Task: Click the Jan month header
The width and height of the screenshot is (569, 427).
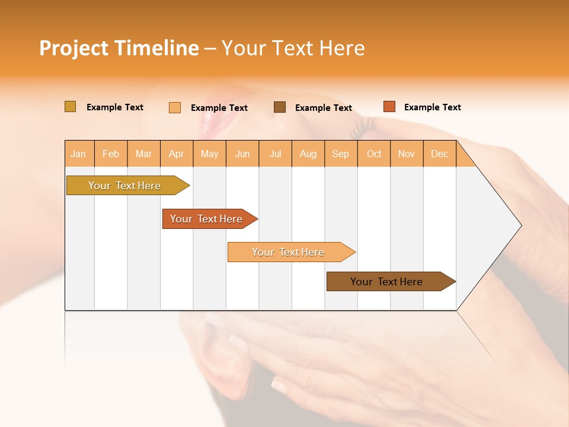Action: pyautogui.click(x=78, y=154)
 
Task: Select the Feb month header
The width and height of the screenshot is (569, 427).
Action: pyautogui.click(x=111, y=154)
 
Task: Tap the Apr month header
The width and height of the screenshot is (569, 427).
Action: pyautogui.click(x=176, y=154)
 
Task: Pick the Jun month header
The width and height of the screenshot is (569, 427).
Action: pyautogui.click(x=242, y=154)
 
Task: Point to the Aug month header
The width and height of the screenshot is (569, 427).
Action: pyautogui.click(x=308, y=154)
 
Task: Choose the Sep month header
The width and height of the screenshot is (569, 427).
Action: pyautogui.click(x=340, y=154)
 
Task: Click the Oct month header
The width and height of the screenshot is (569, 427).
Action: pyautogui.click(x=374, y=154)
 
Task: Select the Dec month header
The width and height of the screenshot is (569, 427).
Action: pyautogui.click(x=439, y=154)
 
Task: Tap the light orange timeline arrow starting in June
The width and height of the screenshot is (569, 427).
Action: pyautogui.click(x=289, y=252)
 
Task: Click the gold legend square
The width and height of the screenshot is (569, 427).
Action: pyautogui.click(x=71, y=107)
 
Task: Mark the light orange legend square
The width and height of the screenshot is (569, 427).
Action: pyautogui.click(x=175, y=107)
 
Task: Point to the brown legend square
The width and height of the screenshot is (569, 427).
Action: pyautogui.click(x=280, y=107)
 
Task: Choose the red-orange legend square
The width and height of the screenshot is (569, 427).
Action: pyautogui.click(x=389, y=107)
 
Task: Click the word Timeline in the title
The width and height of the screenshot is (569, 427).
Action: pyautogui.click(x=156, y=48)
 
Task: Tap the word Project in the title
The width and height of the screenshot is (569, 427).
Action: pyautogui.click(x=73, y=48)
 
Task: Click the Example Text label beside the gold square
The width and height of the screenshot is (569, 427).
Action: pyautogui.click(x=115, y=107)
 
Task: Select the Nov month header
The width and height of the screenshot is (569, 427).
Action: pyautogui.click(x=407, y=154)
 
